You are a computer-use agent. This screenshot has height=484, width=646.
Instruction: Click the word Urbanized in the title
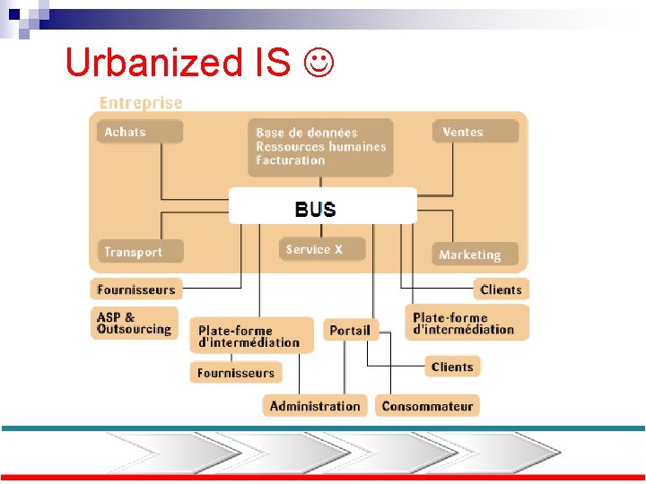[149, 62]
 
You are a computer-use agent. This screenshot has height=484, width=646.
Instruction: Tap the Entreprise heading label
[141, 103]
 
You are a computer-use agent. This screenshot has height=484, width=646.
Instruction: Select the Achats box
[140, 132]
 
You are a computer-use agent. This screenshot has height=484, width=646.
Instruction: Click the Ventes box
[476, 132]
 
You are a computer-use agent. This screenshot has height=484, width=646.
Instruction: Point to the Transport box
[140, 252]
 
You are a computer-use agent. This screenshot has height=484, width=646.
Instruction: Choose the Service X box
[322, 249]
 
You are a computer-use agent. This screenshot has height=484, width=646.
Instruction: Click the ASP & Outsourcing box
[135, 323]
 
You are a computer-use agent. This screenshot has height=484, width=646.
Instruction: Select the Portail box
[350, 330]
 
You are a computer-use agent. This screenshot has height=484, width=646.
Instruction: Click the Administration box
[315, 406]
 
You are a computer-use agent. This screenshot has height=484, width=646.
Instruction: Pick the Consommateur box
[427, 406]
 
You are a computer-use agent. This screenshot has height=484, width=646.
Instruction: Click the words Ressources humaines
[320, 146]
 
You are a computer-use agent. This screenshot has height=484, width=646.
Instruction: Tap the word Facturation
[290, 160]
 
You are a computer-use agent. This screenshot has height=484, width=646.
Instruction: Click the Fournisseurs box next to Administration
[236, 372]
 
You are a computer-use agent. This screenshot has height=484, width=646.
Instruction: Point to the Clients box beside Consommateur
[452, 367]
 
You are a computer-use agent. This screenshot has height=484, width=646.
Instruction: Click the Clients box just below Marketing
[501, 290]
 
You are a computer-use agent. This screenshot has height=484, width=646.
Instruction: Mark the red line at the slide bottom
[323, 478]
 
